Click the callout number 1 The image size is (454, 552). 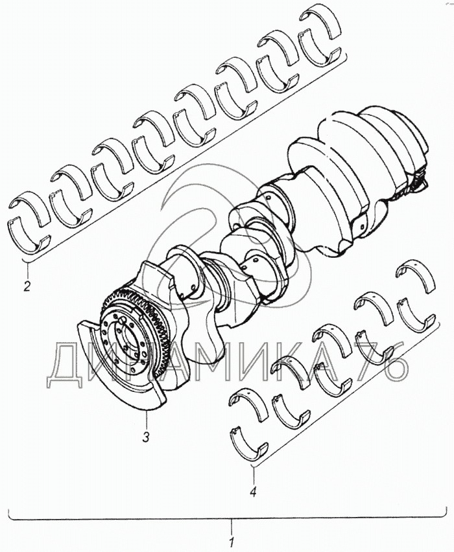tap(231, 540)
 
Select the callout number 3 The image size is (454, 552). tap(145, 437)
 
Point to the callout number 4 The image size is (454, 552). tap(253, 492)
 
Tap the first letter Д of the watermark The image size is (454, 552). tap(66, 366)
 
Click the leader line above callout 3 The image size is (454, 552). tap(146, 419)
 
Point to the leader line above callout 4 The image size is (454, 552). tap(253, 474)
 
